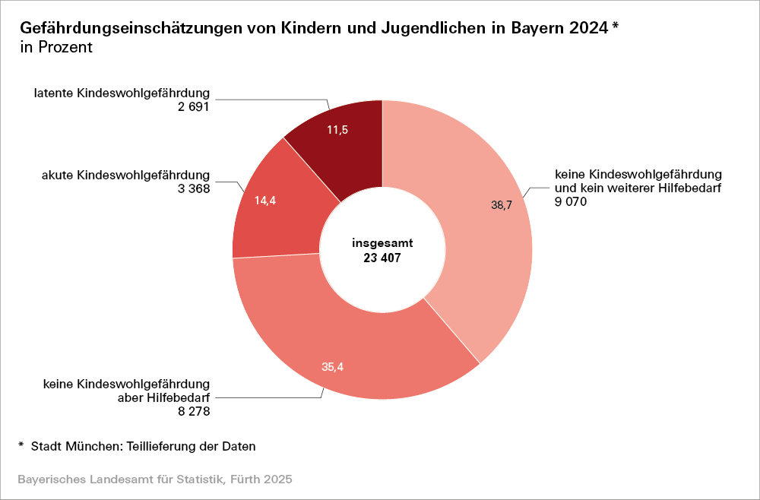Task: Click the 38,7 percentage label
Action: pyautogui.click(x=501, y=204)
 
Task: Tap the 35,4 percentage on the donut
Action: pyautogui.click(x=333, y=367)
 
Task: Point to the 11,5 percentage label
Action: pyautogui.click(x=337, y=130)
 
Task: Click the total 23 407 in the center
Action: pyautogui.click(x=382, y=258)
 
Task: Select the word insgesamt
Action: pyautogui.click(x=382, y=243)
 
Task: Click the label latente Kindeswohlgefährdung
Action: pyautogui.click(x=122, y=93)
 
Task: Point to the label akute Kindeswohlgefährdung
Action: pyautogui.click(x=125, y=176)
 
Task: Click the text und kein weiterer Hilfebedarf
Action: pyautogui.click(x=636, y=188)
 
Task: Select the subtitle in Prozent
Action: pyautogui.click(x=57, y=47)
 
